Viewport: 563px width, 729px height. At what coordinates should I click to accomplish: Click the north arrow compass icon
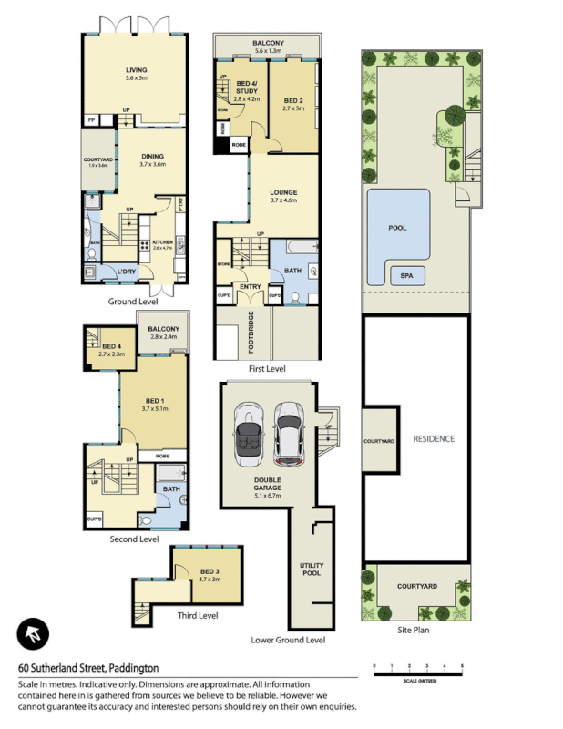coord(33,634)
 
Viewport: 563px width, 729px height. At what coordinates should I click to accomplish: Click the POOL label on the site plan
coord(397,228)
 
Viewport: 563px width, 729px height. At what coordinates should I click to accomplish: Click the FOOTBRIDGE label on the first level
coord(251,333)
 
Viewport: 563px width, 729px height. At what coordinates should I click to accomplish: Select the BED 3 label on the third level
coord(210,574)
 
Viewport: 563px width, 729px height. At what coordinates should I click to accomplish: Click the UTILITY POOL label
coord(312,570)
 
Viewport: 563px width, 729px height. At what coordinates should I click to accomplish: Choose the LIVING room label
coord(137,73)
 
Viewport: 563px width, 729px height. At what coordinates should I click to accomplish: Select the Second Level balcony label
coord(164,333)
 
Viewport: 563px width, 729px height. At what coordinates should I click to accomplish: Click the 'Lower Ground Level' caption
coord(288,640)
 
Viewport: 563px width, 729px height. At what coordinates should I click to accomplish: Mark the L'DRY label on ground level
coord(127,272)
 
